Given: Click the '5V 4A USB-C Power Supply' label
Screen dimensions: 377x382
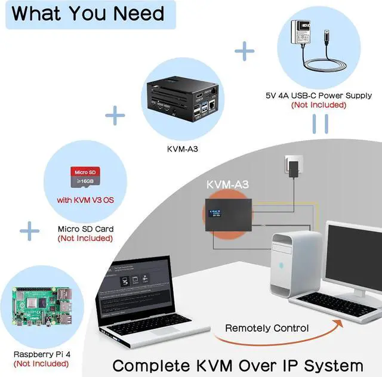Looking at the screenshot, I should [319, 95].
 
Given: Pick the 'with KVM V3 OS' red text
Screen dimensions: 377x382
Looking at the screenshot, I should [85, 199].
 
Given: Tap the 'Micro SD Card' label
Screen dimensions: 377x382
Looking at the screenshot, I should [85, 228].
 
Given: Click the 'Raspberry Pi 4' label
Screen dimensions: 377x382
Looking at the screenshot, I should [42, 354].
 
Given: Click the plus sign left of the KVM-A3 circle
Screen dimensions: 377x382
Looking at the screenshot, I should [115, 114].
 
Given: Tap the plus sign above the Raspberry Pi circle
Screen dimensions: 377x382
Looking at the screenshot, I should [30, 230].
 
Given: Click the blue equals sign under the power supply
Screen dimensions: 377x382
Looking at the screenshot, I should [321, 123].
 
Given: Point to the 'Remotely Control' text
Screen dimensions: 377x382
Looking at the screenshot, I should [267, 328].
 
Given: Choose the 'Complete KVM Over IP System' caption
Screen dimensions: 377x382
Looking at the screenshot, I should [238, 364].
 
